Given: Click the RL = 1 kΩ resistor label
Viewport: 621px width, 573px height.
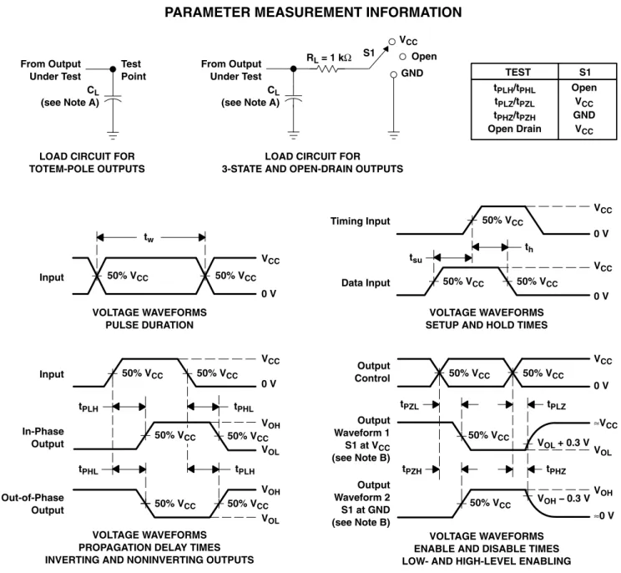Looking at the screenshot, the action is pyautogui.click(x=329, y=58).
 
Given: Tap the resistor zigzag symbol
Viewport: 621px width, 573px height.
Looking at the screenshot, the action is pyautogui.click(x=327, y=69).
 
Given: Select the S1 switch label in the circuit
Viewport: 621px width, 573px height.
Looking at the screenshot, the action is pyautogui.click(x=369, y=53).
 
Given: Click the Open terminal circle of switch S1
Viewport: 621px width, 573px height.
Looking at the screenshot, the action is pyautogui.click(x=403, y=57).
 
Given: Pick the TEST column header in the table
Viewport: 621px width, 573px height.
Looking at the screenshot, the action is pyautogui.click(x=517, y=72).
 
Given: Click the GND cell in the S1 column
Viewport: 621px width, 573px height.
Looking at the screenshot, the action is pyautogui.click(x=583, y=115).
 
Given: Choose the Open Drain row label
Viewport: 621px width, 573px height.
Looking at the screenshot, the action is pyautogui.click(x=514, y=129).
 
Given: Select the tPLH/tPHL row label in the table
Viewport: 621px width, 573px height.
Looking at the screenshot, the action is pyautogui.click(x=514, y=89).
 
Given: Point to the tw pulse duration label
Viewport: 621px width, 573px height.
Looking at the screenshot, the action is pyautogui.click(x=149, y=237).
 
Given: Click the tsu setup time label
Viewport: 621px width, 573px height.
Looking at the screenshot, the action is pyautogui.click(x=416, y=258).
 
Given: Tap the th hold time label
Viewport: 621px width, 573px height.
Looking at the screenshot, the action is pyautogui.click(x=528, y=248).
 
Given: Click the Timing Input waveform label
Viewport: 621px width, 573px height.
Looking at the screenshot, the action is pyautogui.click(x=360, y=221).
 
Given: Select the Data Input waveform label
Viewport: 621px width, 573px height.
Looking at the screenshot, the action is pyautogui.click(x=366, y=283).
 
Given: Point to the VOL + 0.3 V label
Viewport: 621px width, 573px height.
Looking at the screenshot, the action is pyautogui.click(x=563, y=443).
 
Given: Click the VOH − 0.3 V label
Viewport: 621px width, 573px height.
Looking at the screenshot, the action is pyautogui.click(x=563, y=499).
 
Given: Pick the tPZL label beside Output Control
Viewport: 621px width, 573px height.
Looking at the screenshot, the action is pyautogui.click(x=409, y=405).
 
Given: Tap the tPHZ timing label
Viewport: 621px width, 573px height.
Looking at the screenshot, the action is pyautogui.click(x=556, y=470).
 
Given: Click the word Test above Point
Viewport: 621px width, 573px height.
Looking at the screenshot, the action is pyautogui.click(x=131, y=63).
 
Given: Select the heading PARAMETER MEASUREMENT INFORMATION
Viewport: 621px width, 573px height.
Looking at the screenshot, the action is pyautogui.click(x=313, y=13).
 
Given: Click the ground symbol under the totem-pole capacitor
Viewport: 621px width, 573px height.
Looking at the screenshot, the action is pyautogui.click(x=113, y=135).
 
